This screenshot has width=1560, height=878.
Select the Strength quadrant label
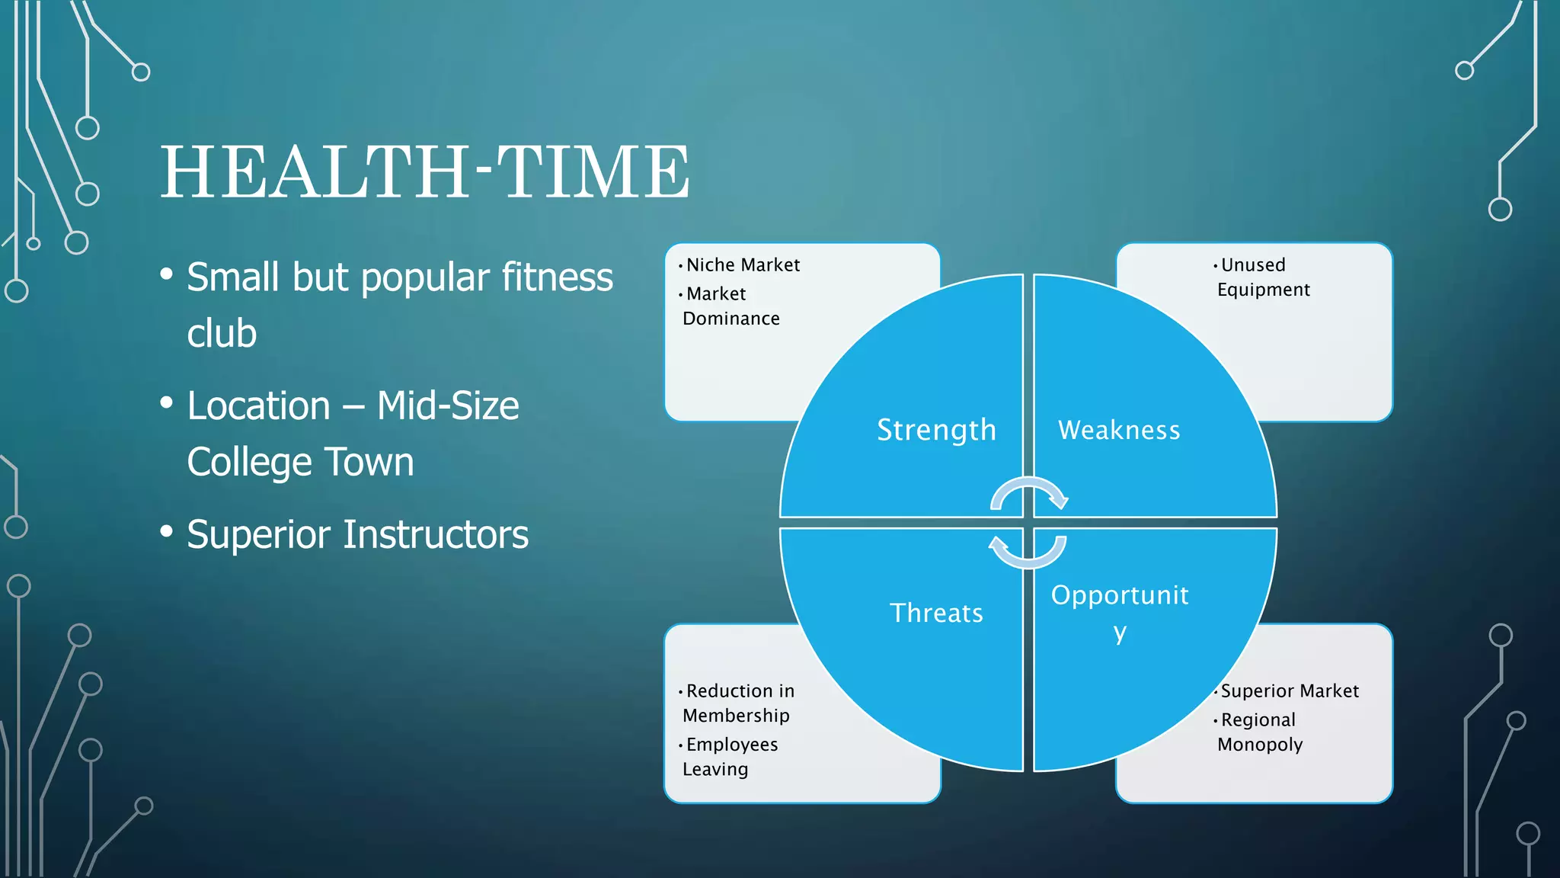(936, 430)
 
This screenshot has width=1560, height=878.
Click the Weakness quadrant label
(1119, 431)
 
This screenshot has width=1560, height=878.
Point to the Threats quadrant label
(936, 613)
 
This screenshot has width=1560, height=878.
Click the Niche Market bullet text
(743, 265)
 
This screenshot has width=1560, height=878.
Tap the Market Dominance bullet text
(730, 306)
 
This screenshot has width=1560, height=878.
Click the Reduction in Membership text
(738, 703)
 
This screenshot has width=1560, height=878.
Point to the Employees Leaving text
(730, 756)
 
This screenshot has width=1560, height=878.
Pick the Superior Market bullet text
(1290, 691)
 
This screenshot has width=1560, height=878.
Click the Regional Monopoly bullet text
(1260, 732)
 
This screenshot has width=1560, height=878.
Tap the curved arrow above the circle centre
(1029, 493)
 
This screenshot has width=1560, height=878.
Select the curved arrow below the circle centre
(1028, 553)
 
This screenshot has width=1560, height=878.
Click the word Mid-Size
(448, 405)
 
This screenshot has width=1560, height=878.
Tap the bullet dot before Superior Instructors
(167, 530)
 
